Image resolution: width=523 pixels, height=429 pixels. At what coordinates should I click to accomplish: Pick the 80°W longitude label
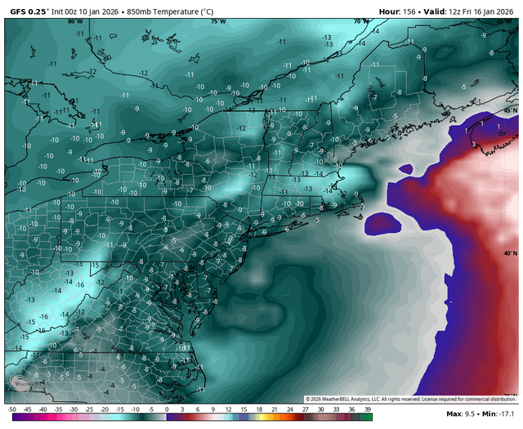coord(74,22)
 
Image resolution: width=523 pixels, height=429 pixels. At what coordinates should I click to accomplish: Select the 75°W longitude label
coord(217,22)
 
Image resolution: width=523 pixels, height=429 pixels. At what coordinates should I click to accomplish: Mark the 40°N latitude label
coord(509,254)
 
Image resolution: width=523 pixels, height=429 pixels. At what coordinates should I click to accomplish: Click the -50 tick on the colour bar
coord(11,409)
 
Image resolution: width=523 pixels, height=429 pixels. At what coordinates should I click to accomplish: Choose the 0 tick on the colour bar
coord(167,409)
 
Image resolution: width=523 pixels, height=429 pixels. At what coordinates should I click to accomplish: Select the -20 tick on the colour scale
coord(105,409)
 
